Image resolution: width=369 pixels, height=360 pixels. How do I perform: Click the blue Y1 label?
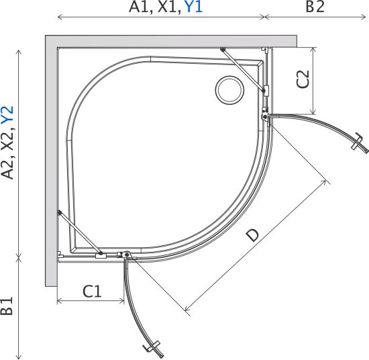point(194,7)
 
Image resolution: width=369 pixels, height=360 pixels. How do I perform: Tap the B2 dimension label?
point(315,7)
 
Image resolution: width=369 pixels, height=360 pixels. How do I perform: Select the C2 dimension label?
point(303,79)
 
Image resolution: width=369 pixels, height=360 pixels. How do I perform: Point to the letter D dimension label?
point(252,235)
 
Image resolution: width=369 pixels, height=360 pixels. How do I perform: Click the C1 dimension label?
point(92,291)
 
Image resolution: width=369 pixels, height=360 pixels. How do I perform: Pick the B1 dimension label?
point(7,306)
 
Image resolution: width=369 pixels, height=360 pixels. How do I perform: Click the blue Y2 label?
point(7,116)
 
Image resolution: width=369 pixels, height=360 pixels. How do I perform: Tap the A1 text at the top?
point(140,7)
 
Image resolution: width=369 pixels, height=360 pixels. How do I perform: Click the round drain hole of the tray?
point(229,90)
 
